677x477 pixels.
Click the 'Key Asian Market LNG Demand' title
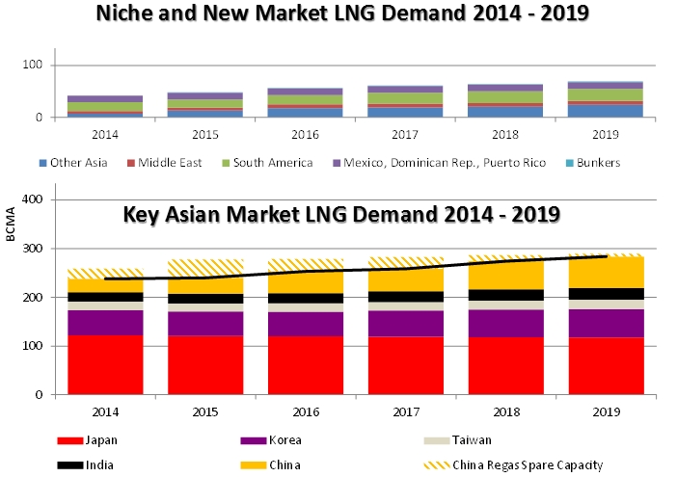(341, 214)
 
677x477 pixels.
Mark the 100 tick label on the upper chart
(37, 66)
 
